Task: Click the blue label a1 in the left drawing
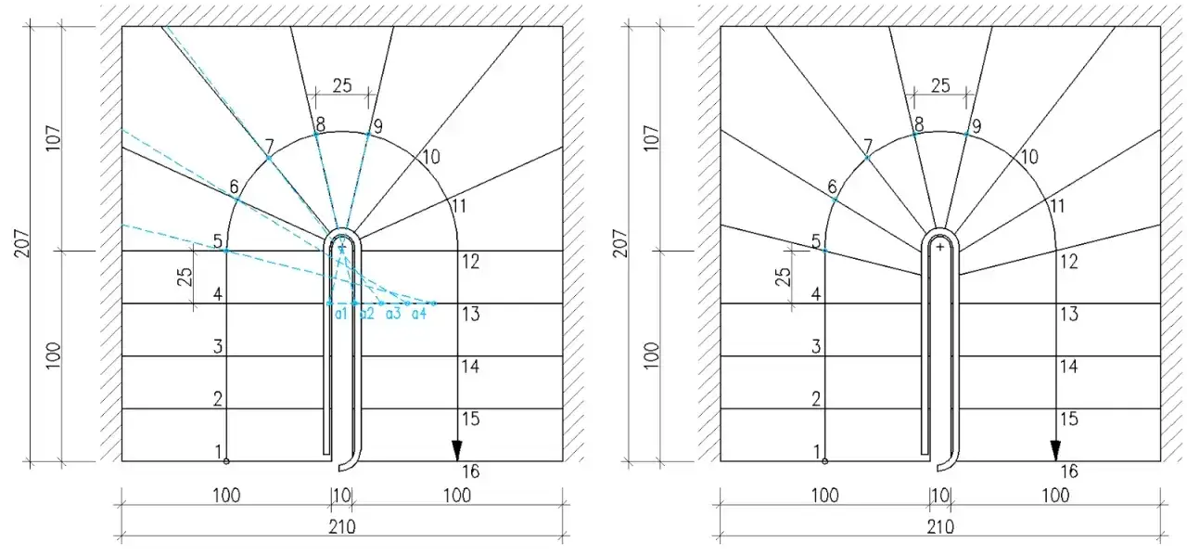(x=340, y=314)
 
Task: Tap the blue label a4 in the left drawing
(x=419, y=314)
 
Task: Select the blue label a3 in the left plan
(x=393, y=314)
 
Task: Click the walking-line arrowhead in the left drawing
(x=457, y=450)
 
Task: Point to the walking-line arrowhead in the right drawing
(x=1055, y=450)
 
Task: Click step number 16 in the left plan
(x=470, y=471)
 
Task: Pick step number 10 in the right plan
(x=1029, y=157)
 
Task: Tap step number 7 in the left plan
(x=269, y=146)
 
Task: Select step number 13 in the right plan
(x=1069, y=314)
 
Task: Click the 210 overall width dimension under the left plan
(x=342, y=527)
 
